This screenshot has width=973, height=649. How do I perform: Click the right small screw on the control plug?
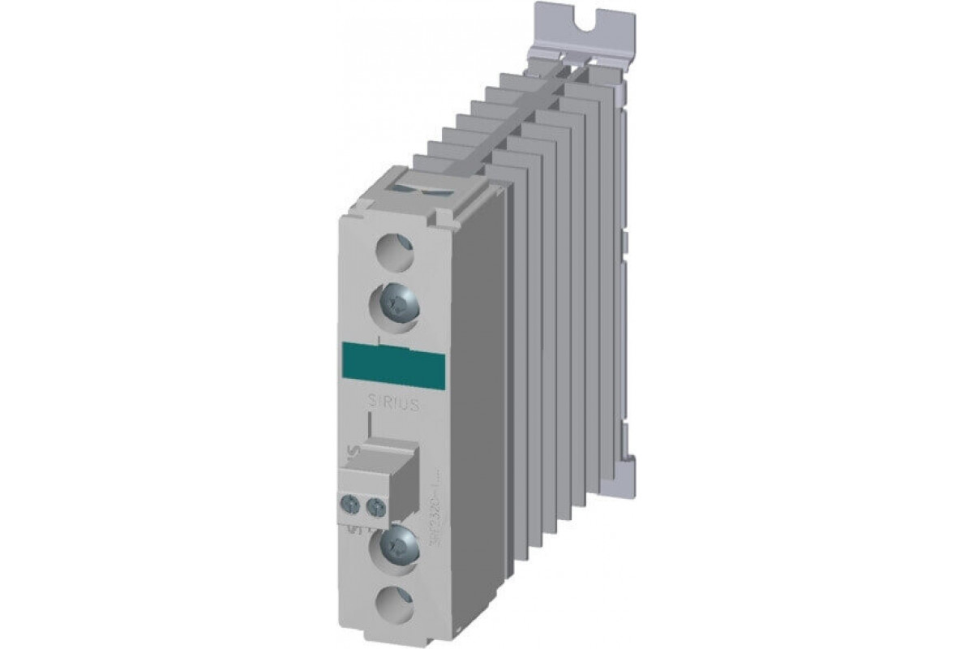375,508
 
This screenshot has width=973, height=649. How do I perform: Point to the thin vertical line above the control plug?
370,423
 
